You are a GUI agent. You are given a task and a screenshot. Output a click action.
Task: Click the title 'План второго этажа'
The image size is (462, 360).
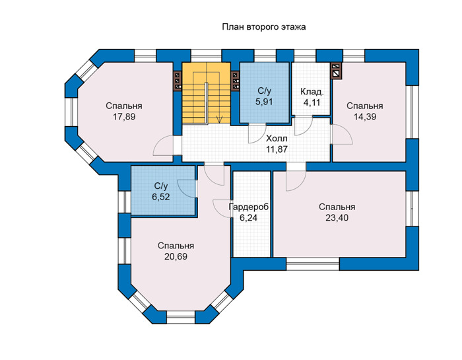coord(264,27)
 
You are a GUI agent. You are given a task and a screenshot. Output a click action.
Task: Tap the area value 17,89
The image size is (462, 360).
coord(124,117)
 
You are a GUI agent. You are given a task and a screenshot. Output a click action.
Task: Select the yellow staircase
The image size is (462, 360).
coord(206,93)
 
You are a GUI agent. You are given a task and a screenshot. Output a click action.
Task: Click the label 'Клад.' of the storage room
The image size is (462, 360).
coord(312,92)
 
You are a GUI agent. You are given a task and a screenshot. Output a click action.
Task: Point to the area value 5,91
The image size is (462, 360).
coord(264,102)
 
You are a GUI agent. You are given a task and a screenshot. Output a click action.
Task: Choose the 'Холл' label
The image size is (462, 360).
coord(277,138)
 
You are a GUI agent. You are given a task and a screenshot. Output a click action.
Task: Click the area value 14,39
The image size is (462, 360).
coord(365,117)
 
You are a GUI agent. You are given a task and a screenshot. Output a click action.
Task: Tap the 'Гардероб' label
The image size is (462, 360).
coord(249,207)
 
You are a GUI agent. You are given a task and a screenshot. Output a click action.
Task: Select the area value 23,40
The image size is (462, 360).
coord(337,217)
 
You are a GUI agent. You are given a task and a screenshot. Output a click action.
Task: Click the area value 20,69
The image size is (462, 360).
coord(176,256)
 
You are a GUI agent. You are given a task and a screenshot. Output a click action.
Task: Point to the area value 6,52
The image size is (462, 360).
coord(161,197)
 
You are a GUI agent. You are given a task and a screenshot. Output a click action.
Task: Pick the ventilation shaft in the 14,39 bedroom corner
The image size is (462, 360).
coord(337,71)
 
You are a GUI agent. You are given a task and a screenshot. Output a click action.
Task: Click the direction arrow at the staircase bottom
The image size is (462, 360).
coord(219,118)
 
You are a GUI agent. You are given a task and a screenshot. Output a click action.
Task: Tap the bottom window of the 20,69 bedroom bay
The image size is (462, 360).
coord(181,316)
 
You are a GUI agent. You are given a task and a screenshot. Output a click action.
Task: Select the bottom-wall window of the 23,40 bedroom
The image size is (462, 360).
coord(313,264)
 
